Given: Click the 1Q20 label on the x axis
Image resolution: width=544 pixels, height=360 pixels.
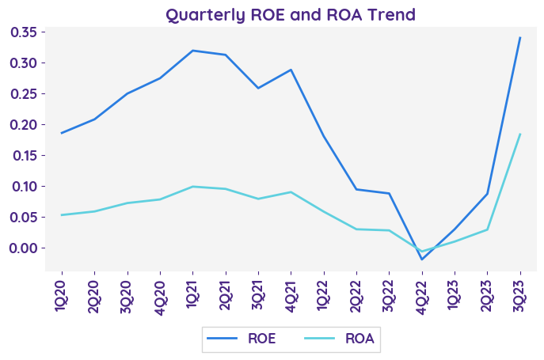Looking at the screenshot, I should pyautogui.click(x=62, y=295).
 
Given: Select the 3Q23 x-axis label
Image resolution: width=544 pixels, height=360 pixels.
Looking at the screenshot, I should pyautogui.click(x=520, y=295).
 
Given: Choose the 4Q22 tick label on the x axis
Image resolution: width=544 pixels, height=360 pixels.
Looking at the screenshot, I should pyautogui.click(x=422, y=295).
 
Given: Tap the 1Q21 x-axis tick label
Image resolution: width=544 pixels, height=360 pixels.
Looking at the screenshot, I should pyautogui.click(x=192, y=295).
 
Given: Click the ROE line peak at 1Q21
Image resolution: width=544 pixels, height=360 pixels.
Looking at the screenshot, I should pyautogui.click(x=192, y=51).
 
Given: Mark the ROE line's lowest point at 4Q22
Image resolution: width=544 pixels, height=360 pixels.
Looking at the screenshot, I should pyautogui.click(x=422, y=259).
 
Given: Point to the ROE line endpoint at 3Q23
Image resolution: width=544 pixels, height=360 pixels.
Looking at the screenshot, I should pyautogui.click(x=520, y=37).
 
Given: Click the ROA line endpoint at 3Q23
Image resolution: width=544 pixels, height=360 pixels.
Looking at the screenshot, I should pyautogui.click(x=520, y=134).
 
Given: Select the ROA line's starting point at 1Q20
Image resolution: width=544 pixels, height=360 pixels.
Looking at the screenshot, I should pyautogui.click(x=62, y=214).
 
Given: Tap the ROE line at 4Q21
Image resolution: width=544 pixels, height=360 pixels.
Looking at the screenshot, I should pyautogui.click(x=291, y=70).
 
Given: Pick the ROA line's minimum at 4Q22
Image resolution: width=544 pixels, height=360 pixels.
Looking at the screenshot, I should pyautogui.click(x=422, y=252).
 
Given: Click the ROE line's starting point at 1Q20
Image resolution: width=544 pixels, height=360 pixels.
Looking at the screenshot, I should pyautogui.click(x=62, y=133).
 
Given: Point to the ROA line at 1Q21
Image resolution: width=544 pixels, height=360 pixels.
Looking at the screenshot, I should pyautogui.click(x=192, y=187).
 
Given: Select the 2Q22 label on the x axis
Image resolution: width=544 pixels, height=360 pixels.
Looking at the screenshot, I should pyautogui.click(x=356, y=295).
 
